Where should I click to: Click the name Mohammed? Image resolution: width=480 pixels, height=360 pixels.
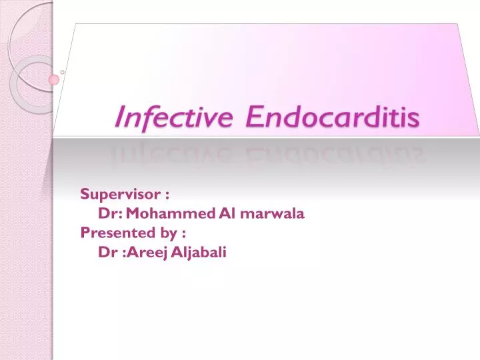(170, 213)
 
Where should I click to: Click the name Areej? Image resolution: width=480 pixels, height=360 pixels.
(151, 252)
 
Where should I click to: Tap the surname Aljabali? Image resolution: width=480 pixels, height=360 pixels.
(199, 252)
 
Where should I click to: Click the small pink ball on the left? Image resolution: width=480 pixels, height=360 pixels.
(54, 80)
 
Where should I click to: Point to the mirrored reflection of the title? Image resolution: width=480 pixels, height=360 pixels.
(267, 155)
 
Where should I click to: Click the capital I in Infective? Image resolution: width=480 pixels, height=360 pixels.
(119, 117)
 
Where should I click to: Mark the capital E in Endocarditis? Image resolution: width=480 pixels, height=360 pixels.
(253, 117)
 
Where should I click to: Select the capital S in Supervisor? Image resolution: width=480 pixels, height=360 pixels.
(85, 194)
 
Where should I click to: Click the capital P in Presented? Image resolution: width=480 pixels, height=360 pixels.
(84, 233)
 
